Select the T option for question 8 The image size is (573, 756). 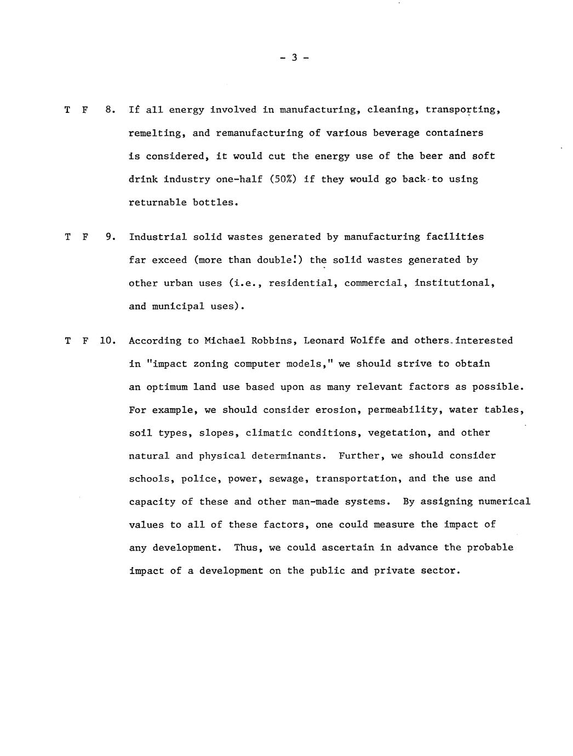click(67, 110)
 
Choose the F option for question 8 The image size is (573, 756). click(85, 110)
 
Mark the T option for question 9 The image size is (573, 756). click(67, 237)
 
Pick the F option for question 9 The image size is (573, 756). click(85, 237)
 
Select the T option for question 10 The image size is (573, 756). click(67, 341)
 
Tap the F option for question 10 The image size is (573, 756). click(85, 341)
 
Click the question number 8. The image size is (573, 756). click(110, 110)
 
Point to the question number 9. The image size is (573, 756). click(110, 237)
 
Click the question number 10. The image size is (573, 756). click(107, 341)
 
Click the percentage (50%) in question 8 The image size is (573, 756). click(283, 179)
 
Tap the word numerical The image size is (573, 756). click(504, 502)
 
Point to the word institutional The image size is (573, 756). click(455, 283)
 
